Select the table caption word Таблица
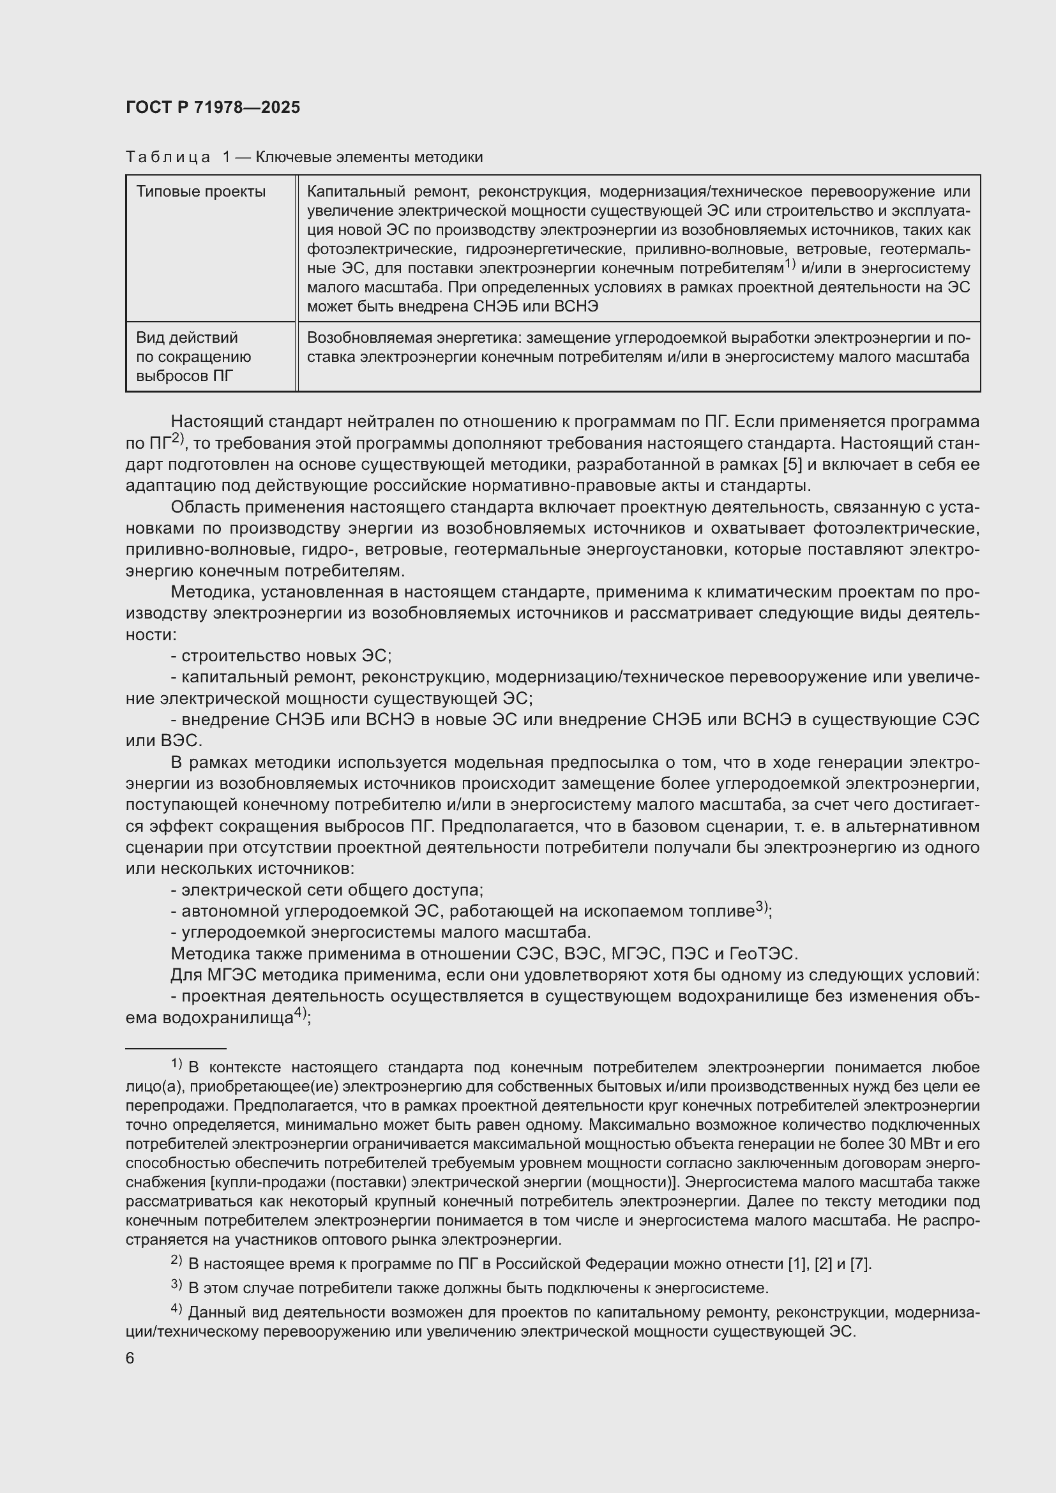(x=168, y=158)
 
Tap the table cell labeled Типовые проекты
(x=200, y=192)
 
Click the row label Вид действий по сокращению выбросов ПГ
(x=193, y=357)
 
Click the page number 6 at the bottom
(x=130, y=1358)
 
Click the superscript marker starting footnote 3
(x=176, y=1285)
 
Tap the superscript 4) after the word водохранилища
(x=300, y=1013)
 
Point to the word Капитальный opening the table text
(x=347, y=192)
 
